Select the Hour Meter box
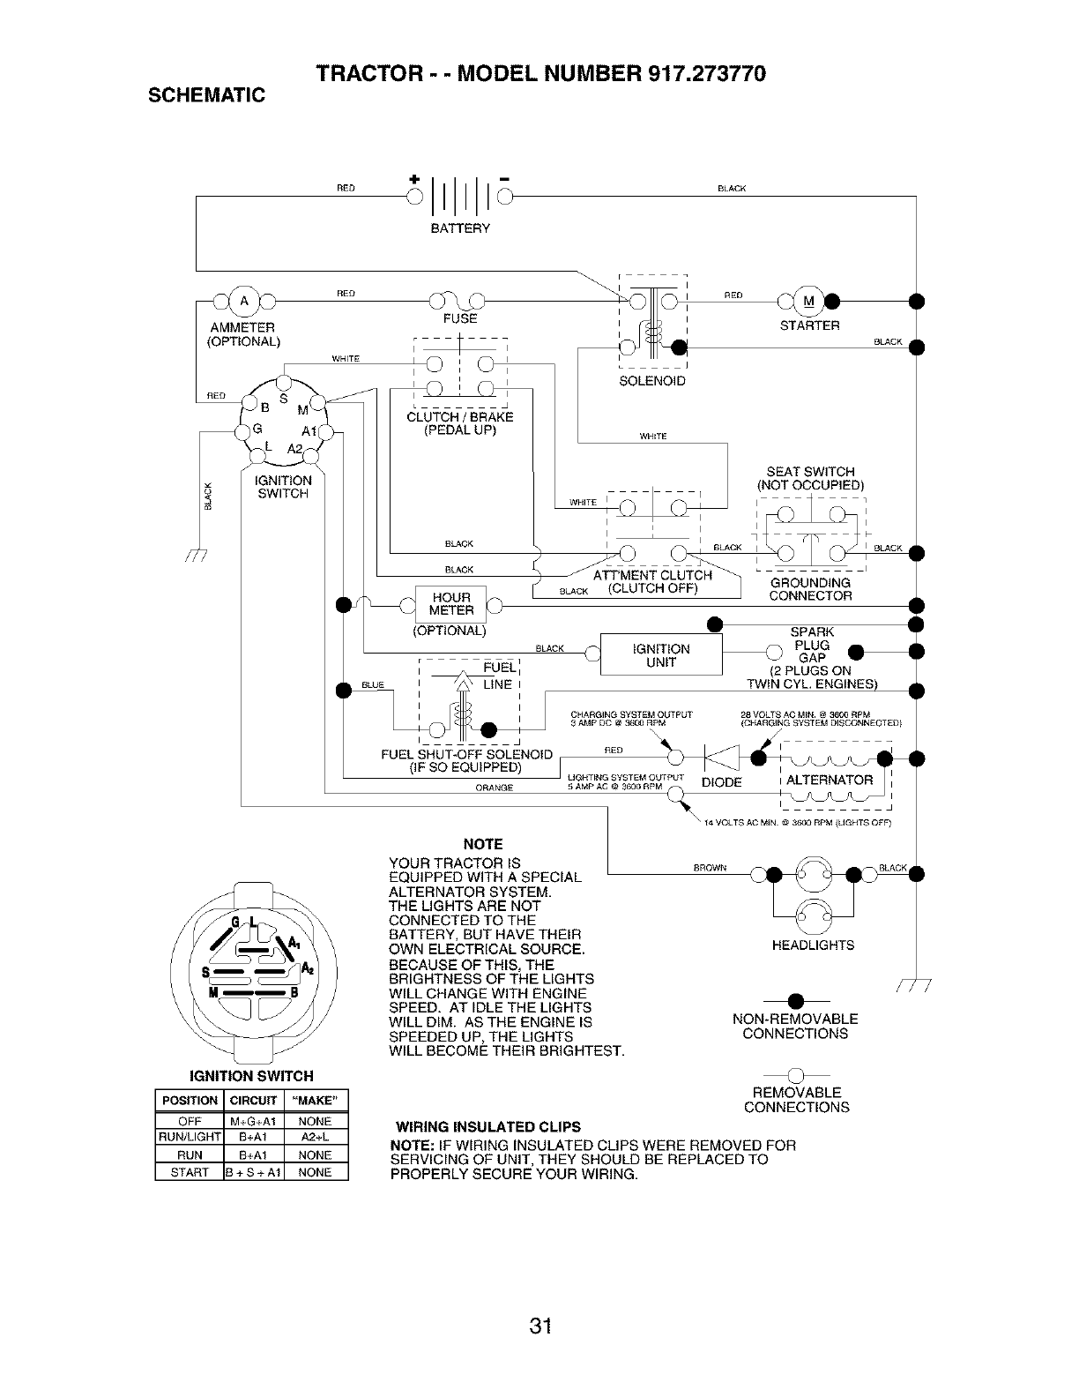pos(451,604)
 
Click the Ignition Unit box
pos(660,655)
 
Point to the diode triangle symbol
pos(715,758)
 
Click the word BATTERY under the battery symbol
pos(459,228)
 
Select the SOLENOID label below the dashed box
pos(652,381)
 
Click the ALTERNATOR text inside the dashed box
pos(829,780)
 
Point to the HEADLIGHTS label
pos(812,945)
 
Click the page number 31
pos(540,1326)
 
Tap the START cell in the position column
pos(190,1172)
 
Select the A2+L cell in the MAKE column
pos(315,1138)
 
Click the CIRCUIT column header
pos(253,1101)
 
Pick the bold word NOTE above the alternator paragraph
pos(483,844)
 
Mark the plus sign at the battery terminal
pos(413,182)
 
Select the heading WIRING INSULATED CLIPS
pos(487,1126)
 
